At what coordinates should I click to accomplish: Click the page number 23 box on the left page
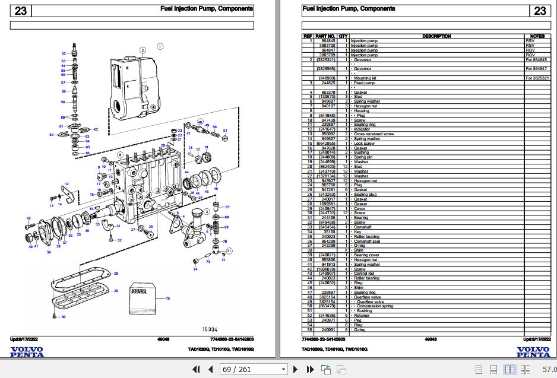tap(21, 11)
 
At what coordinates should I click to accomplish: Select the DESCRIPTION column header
tap(436, 36)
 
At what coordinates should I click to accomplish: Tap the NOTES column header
tap(537, 36)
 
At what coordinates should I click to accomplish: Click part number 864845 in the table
tap(327, 41)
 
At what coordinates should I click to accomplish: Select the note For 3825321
tap(537, 78)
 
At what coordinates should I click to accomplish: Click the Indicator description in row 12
tap(362, 129)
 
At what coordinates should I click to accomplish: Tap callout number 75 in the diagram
tap(168, 298)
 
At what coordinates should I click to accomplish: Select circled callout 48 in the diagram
tap(200, 122)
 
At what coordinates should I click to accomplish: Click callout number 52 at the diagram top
tap(64, 53)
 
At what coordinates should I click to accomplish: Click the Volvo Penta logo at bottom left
tap(27, 351)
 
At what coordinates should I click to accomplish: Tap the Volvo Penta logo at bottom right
tap(533, 351)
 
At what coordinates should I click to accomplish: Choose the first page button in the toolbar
tap(195, 370)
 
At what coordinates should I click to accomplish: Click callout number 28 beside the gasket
tap(116, 273)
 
